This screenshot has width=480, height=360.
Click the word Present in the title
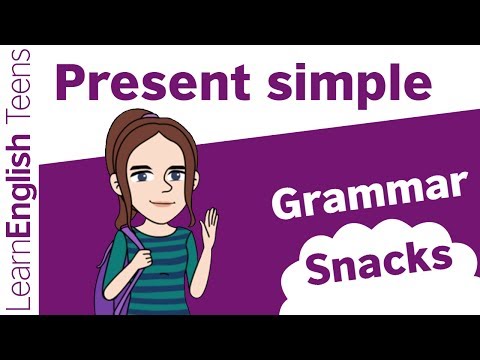point(153,82)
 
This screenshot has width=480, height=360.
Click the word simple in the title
point(350,85)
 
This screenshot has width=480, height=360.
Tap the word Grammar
point(369,196)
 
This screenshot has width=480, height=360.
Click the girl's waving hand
point(209,227)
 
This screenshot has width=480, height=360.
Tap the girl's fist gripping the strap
point(143,258)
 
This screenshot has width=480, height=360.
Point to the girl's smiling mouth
point(161,203)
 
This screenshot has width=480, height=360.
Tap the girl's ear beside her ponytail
point(115,184)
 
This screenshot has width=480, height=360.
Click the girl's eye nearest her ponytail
point(141,176)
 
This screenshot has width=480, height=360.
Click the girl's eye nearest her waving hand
point(176,175)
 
